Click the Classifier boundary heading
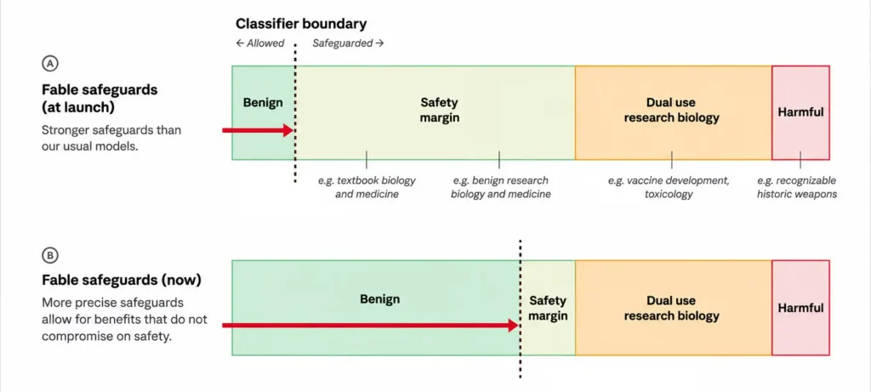click(301, 24)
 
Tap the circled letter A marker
click(49, 64)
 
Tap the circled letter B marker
click(49, 255)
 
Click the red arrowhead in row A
click(287, 130)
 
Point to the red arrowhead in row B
click(513, 326)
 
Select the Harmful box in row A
click(800, 113)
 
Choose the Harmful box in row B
click(800, 308)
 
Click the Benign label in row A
click(263, 103)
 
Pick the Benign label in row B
click(380, 299)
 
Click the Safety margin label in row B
click(549, 308)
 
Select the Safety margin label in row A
click(440, 110)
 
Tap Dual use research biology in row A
click(672, 110)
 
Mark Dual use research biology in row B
click(672, 308)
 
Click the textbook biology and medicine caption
click(367, 188)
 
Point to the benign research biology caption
click(500, 188)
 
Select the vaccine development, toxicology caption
click(669, 188)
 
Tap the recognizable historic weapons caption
click(796, 188)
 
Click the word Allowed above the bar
click(265, 43)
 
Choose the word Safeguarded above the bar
click(342, 43)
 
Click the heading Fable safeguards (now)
click(122, 280)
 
